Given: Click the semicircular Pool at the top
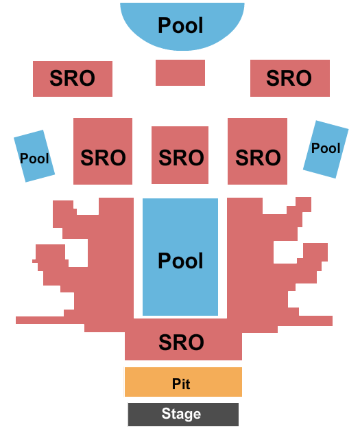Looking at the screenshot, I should (x=182, y=25).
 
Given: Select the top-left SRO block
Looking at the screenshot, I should (x=72, y=78).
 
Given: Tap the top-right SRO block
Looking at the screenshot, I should (x=289, y=78).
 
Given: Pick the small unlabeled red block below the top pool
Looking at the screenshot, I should (x=180, y=73).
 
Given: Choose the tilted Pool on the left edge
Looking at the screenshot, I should (x=34, y=156).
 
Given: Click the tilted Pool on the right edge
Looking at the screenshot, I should (x=325, y=149).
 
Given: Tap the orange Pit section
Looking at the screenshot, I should (x=183, y=382).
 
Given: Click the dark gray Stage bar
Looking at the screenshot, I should (x=183, y=414).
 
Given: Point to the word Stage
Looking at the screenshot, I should (x=182, y=414).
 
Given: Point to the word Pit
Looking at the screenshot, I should (x=181, y=384).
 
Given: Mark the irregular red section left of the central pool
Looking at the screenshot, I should (x=103, y=275).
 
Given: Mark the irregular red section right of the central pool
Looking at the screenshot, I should (x=257, y=275).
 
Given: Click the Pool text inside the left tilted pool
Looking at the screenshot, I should (x=34, y=159).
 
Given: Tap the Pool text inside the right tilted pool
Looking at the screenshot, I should (x=326, y=148).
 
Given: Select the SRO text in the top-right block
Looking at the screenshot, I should (x=289, y=78).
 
